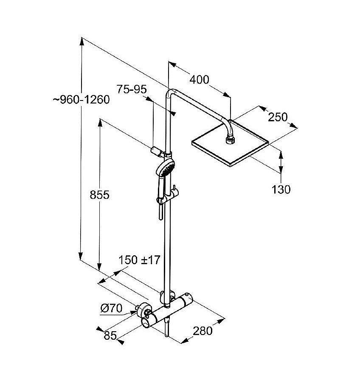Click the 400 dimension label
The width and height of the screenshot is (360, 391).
[x=200, y=79]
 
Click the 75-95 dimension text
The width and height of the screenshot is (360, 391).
[x=132, y=89]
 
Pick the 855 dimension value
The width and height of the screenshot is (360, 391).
[x=99, y=195]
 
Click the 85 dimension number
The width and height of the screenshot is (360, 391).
[x=110, y=336]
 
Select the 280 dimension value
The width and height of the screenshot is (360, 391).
[x=202, y=330]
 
